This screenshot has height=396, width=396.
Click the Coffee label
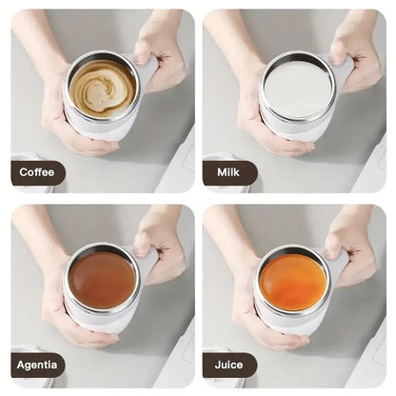coord(38,172)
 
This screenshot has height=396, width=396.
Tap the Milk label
coord(229,172)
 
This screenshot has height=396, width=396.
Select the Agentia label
coord(38,365)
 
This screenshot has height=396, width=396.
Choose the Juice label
coord(229,365)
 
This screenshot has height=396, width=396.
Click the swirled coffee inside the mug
coord(102,89)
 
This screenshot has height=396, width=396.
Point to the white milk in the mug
coord(298,89)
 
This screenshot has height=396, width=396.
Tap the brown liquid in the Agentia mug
coord(102,280)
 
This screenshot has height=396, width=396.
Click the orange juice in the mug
coord(293,282)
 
